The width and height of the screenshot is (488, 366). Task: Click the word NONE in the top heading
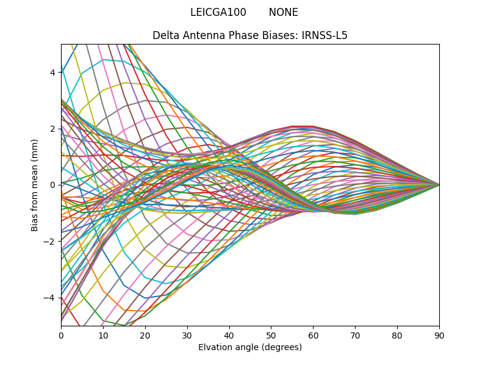pos(283,12)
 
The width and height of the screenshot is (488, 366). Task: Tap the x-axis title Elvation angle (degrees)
pos(250,347)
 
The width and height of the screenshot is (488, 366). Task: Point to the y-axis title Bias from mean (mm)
pos(35,184)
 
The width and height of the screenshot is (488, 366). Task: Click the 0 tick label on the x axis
pos(61,335)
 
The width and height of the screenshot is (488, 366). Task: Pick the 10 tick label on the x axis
pos(103,335)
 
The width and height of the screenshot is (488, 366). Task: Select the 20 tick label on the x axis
pos(145,335)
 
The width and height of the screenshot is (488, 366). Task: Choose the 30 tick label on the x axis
pos(187,335)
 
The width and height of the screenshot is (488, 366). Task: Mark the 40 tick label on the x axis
pos(229,335)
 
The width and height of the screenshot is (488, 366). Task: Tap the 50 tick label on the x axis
pos(271,335)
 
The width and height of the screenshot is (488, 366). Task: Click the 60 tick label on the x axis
pos(313,335)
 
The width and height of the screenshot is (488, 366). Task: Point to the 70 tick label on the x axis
pos(355,335)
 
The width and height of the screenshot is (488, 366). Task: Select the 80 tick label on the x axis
pos(397,335)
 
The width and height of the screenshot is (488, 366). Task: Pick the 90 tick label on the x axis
pos(439,335)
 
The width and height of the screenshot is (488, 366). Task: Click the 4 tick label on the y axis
pos(52,72)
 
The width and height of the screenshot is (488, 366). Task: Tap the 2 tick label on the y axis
pos(52,128)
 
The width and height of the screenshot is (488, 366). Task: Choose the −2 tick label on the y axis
pos(50,241)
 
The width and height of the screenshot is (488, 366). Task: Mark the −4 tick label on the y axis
pos(50,298)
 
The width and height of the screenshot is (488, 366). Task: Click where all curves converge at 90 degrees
pos(439,184)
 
